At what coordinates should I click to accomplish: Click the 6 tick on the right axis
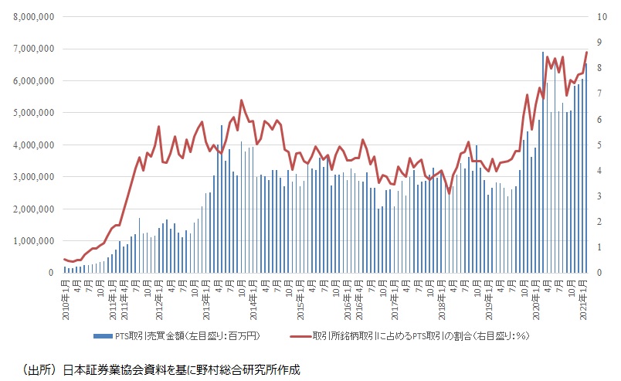pos(600,119)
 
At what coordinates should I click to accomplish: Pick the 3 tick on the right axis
pos(600,196)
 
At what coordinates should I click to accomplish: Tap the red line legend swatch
pos(300,336)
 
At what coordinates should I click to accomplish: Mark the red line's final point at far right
pos(587,53)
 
